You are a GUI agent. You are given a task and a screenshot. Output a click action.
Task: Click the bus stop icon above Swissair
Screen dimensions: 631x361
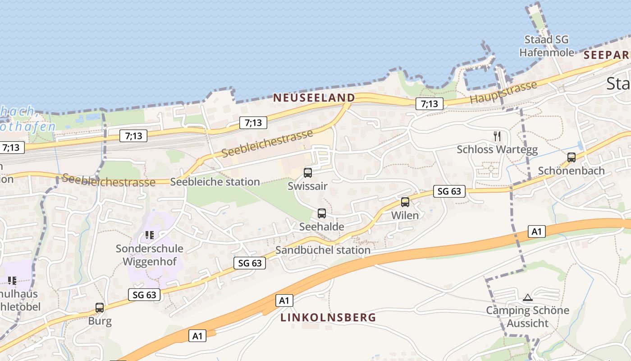[x=308, y=172]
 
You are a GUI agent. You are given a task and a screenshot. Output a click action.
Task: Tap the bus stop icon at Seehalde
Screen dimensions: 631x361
[x=321, y=213]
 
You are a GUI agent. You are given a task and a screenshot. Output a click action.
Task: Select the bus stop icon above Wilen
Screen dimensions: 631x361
[x=405, y=202]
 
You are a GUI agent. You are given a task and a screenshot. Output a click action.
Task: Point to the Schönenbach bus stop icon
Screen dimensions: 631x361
[x=572, y=157]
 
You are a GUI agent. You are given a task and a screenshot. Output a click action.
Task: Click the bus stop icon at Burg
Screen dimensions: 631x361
[x=100, y=308]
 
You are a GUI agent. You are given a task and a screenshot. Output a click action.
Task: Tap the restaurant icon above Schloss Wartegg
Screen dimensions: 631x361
[x=497, y=136]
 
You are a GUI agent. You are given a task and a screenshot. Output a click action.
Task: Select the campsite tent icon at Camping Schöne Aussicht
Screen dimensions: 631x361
[x=527, y=297]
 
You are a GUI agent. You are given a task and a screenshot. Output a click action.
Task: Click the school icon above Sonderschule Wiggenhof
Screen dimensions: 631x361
[x=150, y=235]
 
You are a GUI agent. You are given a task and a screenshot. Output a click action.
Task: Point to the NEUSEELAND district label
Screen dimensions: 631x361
[x=314, y=97]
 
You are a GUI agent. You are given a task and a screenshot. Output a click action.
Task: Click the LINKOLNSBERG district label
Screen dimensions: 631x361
[x=328, y=317]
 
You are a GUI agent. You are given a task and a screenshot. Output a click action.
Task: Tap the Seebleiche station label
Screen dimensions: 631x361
[x=215, y=182]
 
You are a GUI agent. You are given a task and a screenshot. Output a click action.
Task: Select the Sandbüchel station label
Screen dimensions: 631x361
[x=323, y=250]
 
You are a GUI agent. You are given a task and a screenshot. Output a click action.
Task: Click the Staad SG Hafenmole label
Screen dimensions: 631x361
[x=547, y=46]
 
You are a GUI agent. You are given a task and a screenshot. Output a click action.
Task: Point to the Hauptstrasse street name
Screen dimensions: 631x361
[x=503, y=93]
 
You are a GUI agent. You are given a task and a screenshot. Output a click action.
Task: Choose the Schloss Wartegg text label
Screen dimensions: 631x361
[x=497, y=150]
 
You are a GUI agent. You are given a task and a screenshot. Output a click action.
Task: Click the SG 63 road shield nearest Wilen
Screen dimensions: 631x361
[x=449, y=191]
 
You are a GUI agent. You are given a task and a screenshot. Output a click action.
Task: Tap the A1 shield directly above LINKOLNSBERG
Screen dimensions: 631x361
[x=285, y=301]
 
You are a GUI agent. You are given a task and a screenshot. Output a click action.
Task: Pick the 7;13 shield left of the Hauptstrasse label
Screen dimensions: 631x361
[x=429, y=104]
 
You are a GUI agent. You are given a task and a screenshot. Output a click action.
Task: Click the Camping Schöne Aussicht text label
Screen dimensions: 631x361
[x=527, y=317]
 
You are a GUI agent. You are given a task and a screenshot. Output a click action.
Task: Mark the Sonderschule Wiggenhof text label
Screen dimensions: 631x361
[x=150, y=255]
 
